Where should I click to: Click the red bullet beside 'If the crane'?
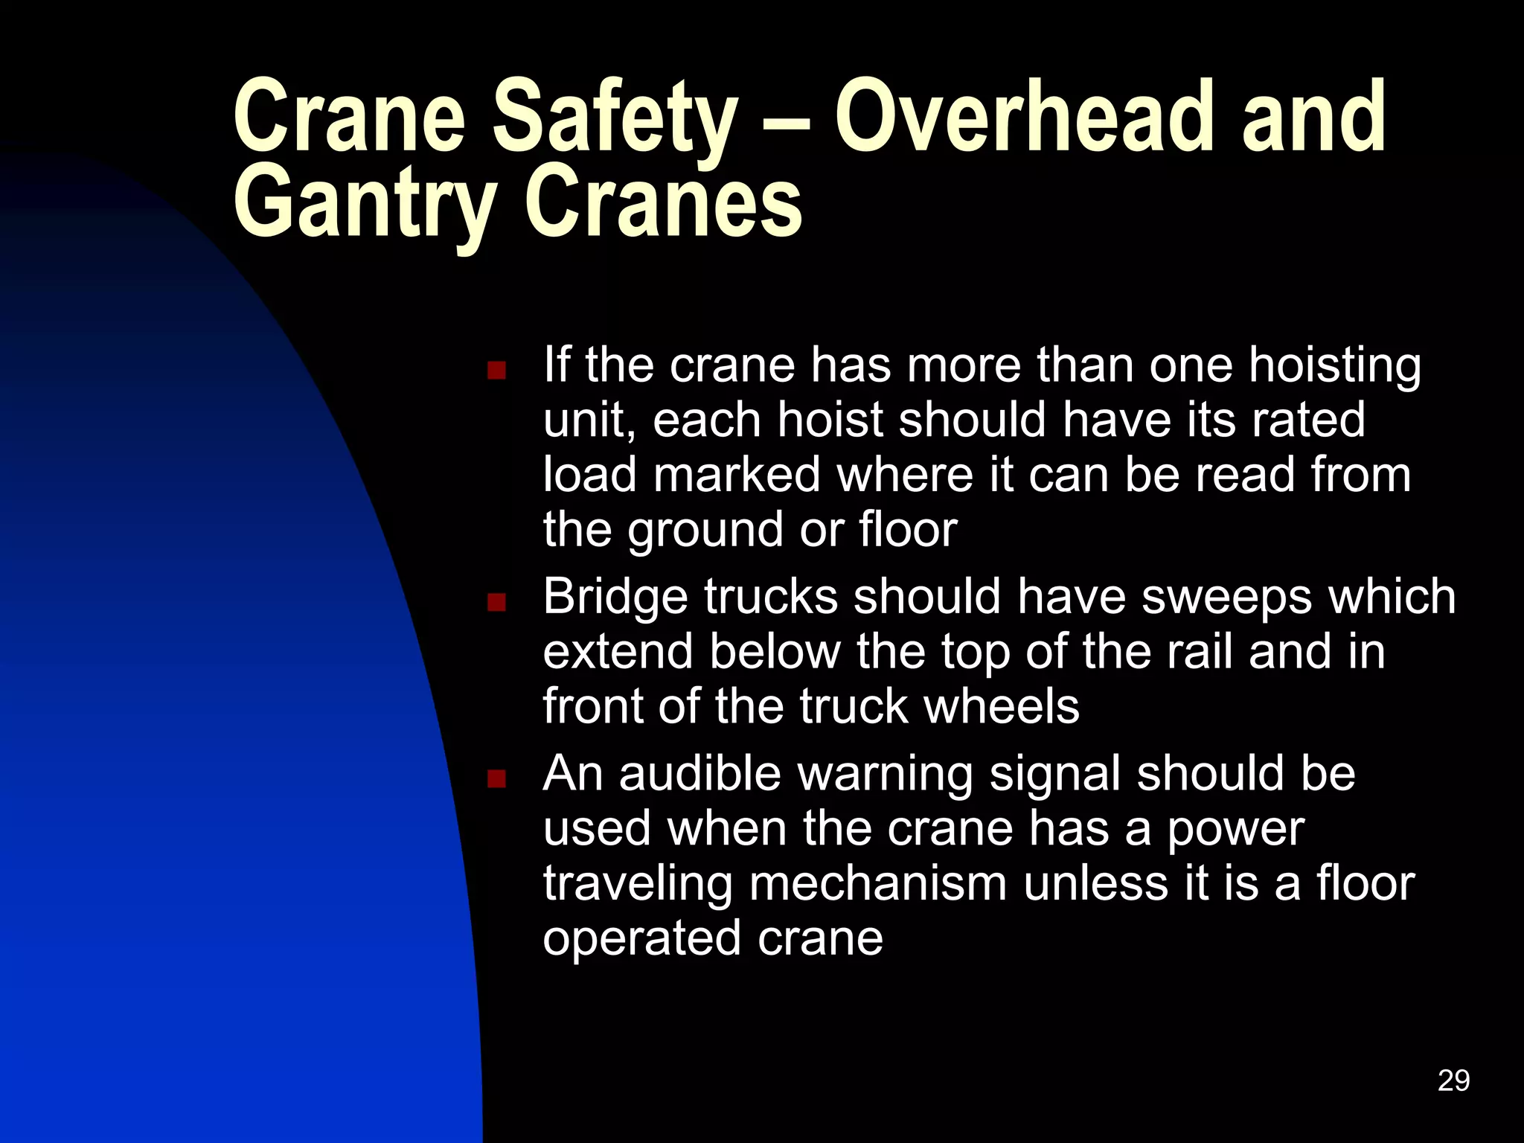[x=496, y=371]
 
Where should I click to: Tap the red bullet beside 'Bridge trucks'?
[x=496, y=601]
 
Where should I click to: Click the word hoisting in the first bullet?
[x=1334, y=367]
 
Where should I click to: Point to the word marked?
[x=737, y=474]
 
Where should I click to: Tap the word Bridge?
[x=615, y=598]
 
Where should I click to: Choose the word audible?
[x=699, y=773]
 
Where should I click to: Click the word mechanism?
[x=877, y=885]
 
